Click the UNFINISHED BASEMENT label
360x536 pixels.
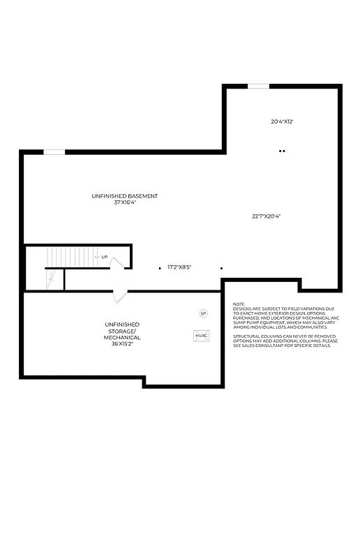tap(124, 196)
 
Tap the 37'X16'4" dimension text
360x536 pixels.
tap(124, 202)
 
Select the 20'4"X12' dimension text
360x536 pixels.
tap(282, 121)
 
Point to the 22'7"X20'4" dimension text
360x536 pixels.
tap(267, 216)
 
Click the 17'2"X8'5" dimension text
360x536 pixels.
tap(179, 267)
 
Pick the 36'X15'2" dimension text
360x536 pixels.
tap(122, 344)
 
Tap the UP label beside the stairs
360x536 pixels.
tap(105, 258)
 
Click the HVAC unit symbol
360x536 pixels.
tap(202, 336)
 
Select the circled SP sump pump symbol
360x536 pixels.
tap(204, 314)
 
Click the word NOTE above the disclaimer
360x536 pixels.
tap(239, 304)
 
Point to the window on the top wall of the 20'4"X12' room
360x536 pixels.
tap(258, 86)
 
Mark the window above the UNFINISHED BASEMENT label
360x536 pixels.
tap(54, 152)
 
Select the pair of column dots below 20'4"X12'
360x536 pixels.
tap(282, 151)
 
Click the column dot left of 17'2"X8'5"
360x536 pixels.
tap(160, 267)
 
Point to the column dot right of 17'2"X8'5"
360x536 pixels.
tap(221, 267)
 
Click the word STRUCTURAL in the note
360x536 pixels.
tap(248, 336)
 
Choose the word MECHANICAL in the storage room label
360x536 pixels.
tap(122, 338)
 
